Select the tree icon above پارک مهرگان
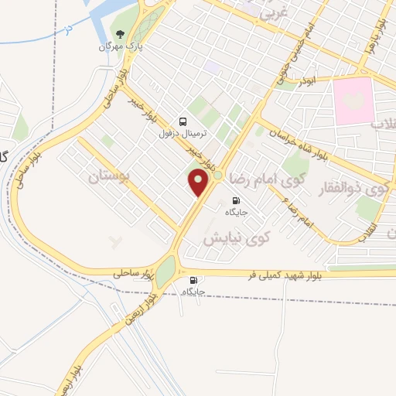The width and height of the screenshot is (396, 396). pos(120,34)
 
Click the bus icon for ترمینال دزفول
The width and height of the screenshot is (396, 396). pos(183,121)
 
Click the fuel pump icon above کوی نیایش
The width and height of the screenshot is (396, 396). pos(235,200)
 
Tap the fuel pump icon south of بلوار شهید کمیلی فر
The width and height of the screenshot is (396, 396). pos(193,281)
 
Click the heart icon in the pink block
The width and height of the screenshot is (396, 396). pos(354,101)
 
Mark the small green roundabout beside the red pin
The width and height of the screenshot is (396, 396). pos(218,177)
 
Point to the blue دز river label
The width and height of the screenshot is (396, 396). pos(68,29)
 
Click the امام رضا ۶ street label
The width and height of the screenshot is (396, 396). pos(299,212)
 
